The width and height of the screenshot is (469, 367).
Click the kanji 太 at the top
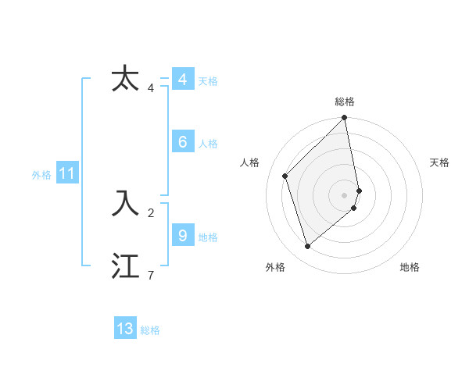click(125, 79)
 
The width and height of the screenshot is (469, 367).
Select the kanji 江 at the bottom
click(125, 266)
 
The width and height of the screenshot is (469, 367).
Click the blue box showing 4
click(182, 80)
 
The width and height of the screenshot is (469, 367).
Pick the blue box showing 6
click(182, 141)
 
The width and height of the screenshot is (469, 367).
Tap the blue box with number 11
click(67, 173)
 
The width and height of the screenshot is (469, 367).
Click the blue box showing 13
click(125, 329)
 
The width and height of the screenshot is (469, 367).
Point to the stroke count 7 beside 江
click(150, 275)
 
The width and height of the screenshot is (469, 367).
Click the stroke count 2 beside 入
click(150, 212)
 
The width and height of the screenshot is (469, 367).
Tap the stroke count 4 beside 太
click(150, 87)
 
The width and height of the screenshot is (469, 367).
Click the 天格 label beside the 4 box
click(208, 81)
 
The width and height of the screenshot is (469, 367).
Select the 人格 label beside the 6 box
click(208, 144)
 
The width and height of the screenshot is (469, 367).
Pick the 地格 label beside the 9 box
click(208, 237)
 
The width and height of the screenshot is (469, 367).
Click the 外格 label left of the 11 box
click(41, 175)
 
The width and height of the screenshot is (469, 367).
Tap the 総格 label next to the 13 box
click(150, 330)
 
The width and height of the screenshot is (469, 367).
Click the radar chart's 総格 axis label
click(345, 102)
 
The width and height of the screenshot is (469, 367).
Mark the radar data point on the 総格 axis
click(345, 119)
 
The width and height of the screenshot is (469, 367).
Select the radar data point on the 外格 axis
click(308, 246)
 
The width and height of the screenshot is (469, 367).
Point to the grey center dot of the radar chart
click(345, 194)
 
